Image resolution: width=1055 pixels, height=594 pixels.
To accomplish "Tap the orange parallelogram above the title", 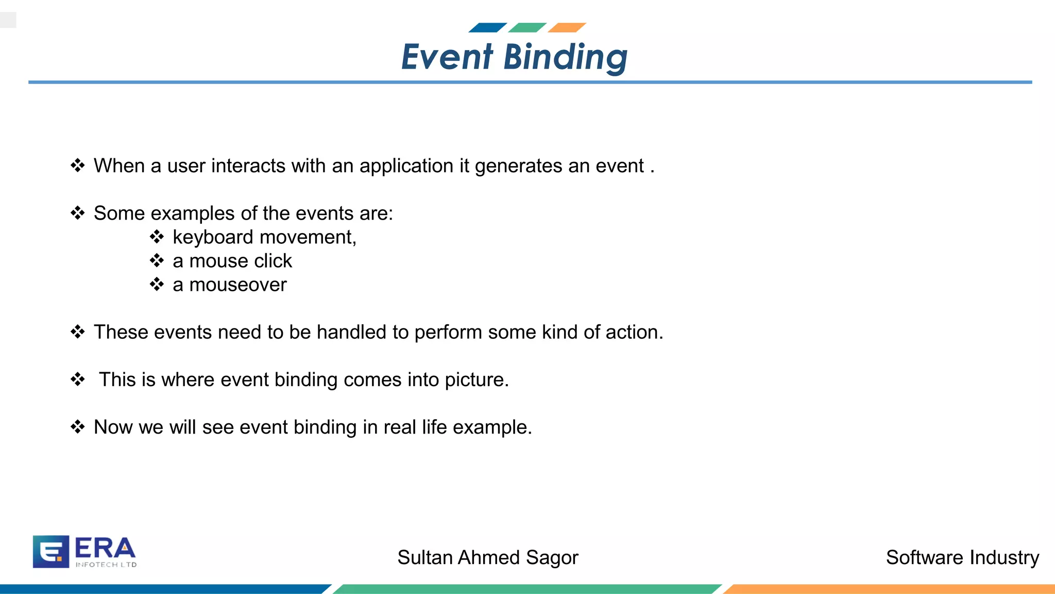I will coord(567,28).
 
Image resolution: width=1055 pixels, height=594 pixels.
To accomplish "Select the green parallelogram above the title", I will coord(527,28).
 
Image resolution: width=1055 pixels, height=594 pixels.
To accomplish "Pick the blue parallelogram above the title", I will coord(487,28).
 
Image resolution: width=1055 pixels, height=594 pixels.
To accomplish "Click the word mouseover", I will coord(237,285).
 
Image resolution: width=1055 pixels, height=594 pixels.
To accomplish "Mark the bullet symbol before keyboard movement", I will coord(157,237).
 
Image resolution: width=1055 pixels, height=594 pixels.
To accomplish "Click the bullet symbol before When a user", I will coord(78,166).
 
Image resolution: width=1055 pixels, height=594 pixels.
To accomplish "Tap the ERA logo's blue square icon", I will coord(51,552).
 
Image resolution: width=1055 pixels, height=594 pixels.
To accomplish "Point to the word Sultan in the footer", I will coord(424,558).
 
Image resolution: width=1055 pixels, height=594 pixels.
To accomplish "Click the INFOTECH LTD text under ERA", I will coord(106,565).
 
